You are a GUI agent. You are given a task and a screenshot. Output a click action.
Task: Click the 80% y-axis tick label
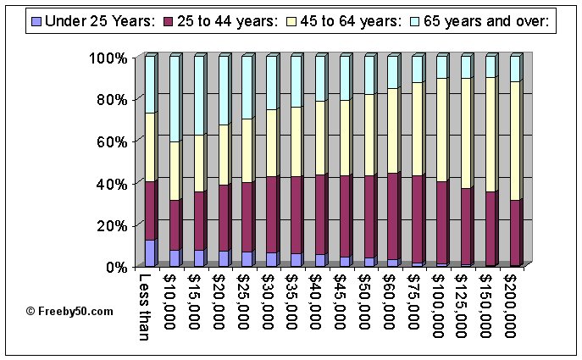coord(110,100)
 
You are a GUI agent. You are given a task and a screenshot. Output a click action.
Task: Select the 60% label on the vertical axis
coord(110,141)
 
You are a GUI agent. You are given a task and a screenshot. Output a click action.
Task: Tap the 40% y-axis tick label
coord(110,183)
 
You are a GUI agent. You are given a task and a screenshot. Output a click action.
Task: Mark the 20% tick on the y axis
coord(110,225)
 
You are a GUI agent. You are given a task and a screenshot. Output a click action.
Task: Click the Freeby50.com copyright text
coord(69,311)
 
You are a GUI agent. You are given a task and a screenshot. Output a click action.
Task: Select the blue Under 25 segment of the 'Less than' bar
coord(149,253)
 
